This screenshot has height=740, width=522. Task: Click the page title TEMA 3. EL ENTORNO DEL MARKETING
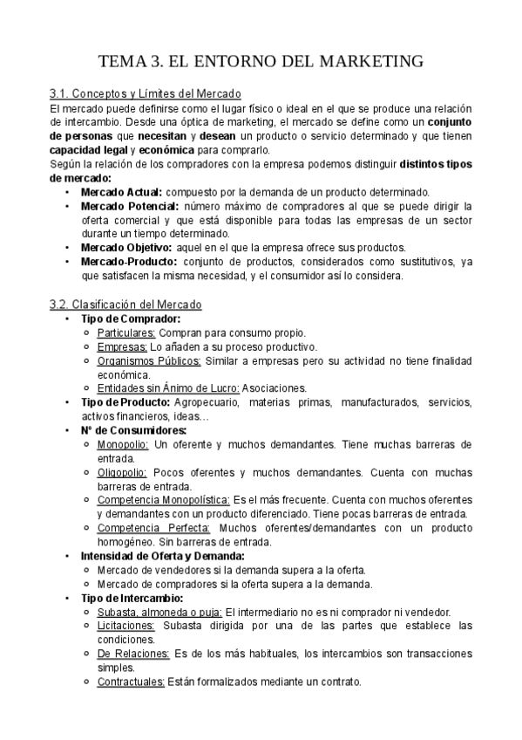point(261,61)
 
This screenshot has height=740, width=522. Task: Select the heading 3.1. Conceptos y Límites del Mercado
point(146,93)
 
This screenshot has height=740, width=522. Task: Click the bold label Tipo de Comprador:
point(131,319)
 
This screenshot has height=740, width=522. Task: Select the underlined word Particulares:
point(126,332)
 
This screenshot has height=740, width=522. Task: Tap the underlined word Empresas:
point(122,346)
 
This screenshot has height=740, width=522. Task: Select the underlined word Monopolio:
point(123,444)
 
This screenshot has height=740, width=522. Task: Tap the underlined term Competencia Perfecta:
point(154,528)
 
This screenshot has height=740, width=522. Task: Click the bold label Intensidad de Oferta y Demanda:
point(162,556)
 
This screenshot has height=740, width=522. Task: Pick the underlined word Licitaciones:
point(126,626)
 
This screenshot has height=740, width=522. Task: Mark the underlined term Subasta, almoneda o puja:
point(160,612)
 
